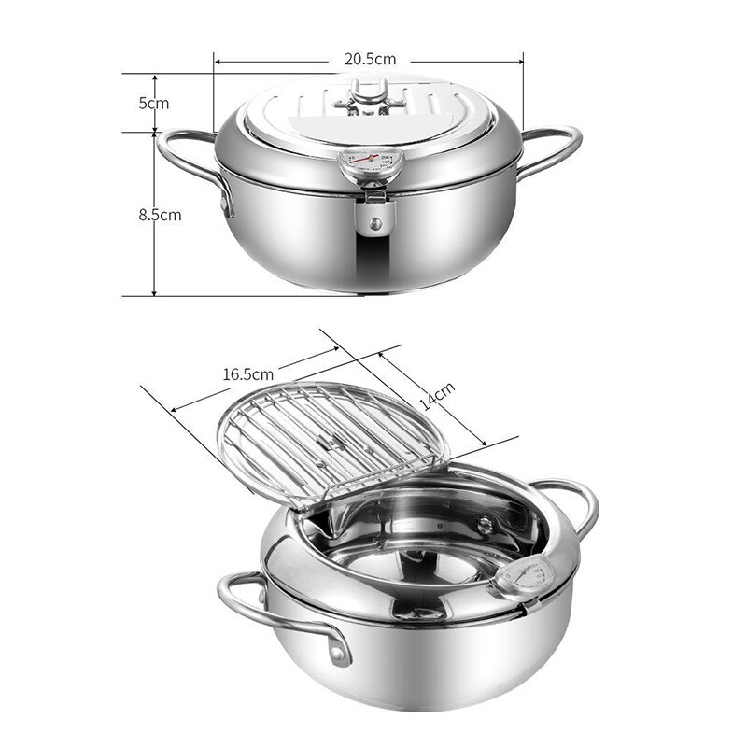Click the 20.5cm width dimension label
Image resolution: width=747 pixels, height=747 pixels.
pos(368,59)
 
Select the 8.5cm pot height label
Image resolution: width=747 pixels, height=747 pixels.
pos(160,214)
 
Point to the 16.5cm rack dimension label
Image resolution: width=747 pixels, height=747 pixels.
pos(247,373)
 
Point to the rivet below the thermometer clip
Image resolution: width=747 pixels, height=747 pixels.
pos(374,224)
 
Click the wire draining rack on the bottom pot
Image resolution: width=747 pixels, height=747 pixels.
pos(331,434)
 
